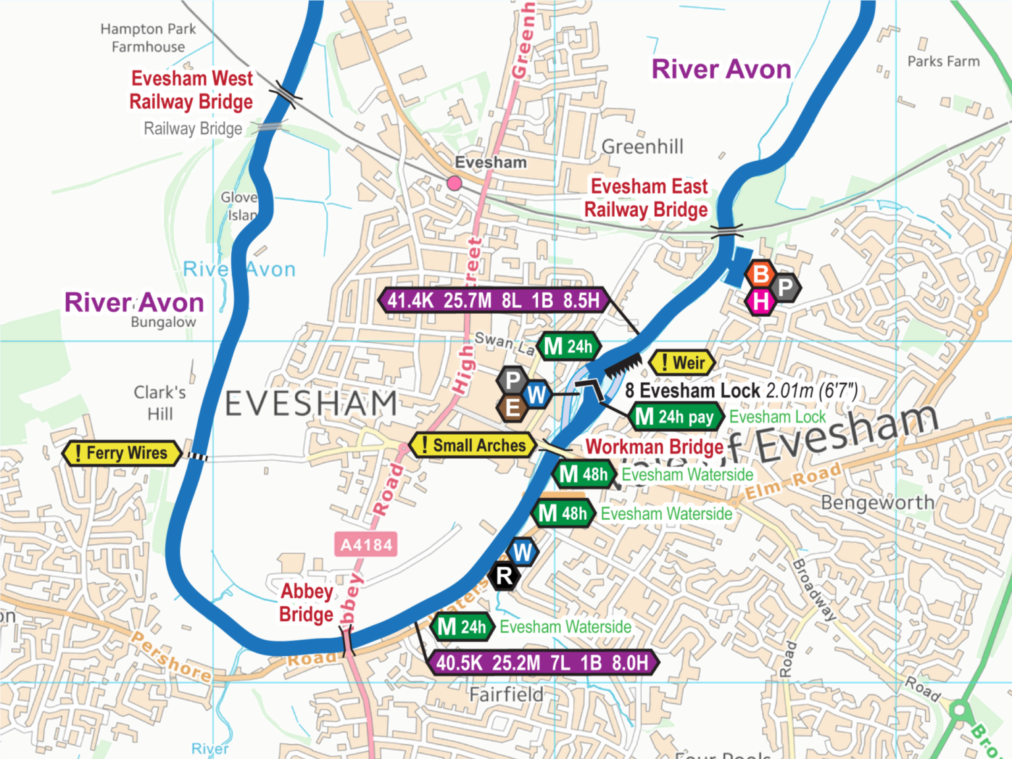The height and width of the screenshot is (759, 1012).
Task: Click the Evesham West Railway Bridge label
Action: point(191,90)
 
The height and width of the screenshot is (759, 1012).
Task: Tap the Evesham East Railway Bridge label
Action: point(647,198)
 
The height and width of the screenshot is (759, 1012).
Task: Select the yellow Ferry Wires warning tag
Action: point(121,453)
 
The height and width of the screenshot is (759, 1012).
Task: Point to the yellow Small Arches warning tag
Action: point(472,445)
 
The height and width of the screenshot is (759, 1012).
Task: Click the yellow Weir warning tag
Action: point(682,362)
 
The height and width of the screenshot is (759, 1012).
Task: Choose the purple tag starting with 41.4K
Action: point(493,300)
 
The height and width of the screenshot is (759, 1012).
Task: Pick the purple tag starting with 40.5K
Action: point(542,663)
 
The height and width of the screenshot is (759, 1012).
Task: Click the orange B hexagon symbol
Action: point(760,273)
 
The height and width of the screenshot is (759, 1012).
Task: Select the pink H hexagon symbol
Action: point(760,302)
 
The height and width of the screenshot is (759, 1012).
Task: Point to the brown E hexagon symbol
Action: point(513,408)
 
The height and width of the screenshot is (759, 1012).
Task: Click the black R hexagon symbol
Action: point(504,576)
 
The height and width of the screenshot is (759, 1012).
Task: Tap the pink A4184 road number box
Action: point(366,545)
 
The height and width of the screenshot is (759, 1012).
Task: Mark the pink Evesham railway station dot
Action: point(454,183)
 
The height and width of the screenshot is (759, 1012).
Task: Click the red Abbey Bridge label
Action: point(306,603)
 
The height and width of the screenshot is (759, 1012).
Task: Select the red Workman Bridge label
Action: point(654,447)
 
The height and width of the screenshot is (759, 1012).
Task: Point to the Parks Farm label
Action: point(943,61)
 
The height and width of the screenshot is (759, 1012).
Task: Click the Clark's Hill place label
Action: point(159,403)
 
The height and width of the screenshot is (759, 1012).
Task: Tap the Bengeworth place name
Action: point(878,503)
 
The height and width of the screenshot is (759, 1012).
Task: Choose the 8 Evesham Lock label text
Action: point(692,391)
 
